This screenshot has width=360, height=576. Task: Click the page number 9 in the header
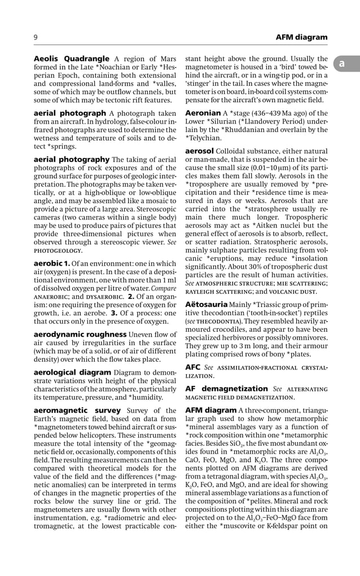36,37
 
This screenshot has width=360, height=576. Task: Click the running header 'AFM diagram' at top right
301,37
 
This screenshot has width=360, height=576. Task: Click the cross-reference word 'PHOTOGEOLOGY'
58,250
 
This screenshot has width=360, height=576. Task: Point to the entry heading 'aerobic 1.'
52,263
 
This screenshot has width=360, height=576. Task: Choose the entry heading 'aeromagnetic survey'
77,410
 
